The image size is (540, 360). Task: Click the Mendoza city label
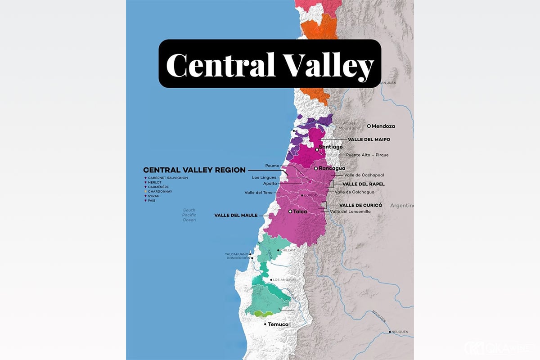pos(383,126)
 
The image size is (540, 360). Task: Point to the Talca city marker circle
pos(290,211)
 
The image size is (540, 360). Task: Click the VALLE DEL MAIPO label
pos(369,139)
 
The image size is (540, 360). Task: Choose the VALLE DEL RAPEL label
pos(364,184)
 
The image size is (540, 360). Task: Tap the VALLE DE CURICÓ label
pos(360,205)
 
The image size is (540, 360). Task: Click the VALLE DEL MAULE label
pos(236,215)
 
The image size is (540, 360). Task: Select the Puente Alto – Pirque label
pos(367,155)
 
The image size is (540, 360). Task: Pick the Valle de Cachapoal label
pos(364,175)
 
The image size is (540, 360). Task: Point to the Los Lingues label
pos(265,177)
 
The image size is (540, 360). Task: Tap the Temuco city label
pos(278,324)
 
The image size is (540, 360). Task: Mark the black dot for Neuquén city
pos(389,333)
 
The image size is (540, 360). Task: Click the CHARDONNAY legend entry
pos(160,191)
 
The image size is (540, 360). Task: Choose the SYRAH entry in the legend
pos(155,196)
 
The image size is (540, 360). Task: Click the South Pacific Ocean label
pos(189,215)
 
